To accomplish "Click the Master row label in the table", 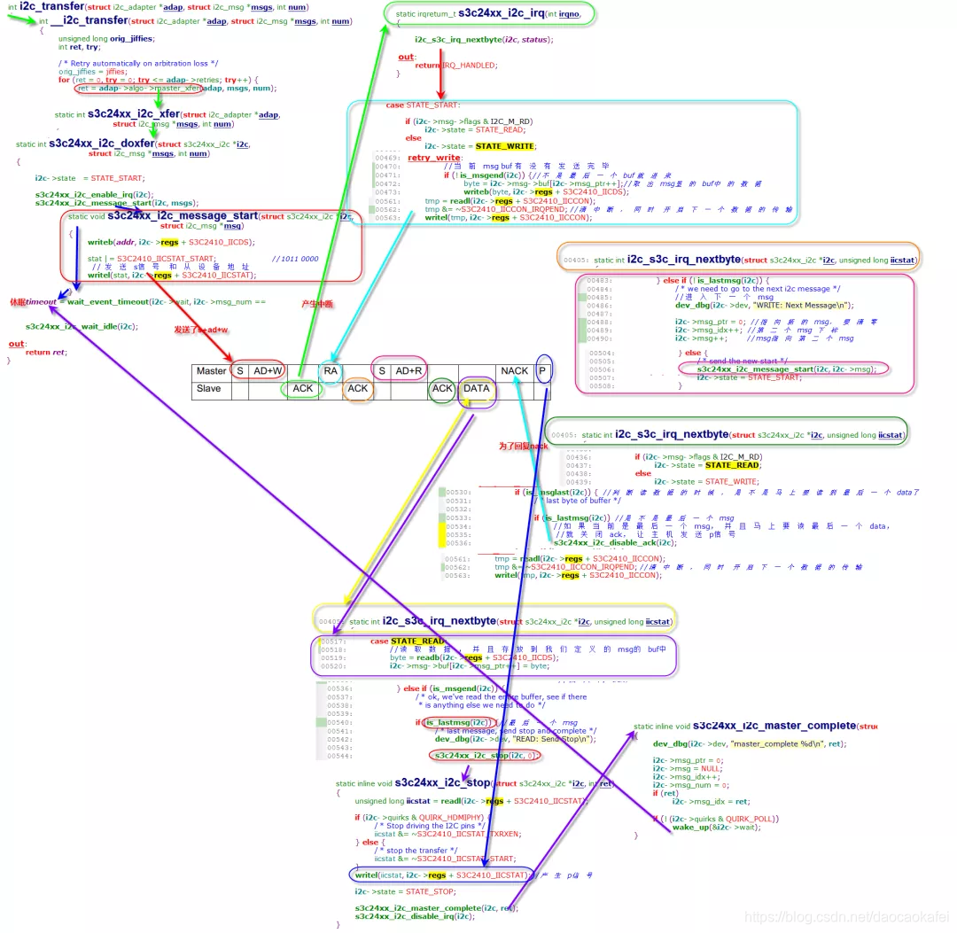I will (x=211, y=371).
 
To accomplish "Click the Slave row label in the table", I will (x=208, y=388).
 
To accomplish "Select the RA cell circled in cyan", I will (x=330, y=371).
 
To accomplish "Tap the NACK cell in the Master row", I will (x=514, y=371).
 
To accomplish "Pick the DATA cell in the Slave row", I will (x=476, y=388).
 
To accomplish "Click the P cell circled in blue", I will (x=543, y=371).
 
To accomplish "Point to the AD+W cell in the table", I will (x=268, y=371).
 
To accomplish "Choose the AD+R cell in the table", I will (x=408, y=371).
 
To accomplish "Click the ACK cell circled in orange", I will (x=357, y=388).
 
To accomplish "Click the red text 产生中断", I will (x=316, y=304).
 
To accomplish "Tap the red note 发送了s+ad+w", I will (x=201, y=330).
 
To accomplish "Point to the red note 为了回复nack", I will (x=524, y=446).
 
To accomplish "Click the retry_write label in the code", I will (x=433, y=158).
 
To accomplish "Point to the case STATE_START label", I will (x=419, y=105).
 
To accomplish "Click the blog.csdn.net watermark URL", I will (x=845, y=917).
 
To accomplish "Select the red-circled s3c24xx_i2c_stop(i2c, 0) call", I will (x=484, y=756).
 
